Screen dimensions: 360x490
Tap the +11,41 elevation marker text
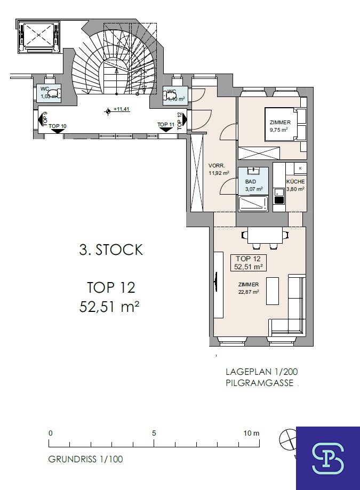point(122,109)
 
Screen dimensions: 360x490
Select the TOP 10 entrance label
point(58,126)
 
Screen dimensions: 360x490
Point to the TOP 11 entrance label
point(166,124)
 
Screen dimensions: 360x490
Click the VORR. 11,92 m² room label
point(219,169)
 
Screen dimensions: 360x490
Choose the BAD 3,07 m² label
point(253,185)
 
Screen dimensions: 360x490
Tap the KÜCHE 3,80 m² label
point(295,185)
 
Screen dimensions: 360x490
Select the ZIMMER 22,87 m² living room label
point(249,288)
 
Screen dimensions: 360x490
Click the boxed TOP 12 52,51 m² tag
point(249,262)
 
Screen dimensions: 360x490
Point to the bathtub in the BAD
point(253,203)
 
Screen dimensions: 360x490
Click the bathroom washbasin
point(253,171)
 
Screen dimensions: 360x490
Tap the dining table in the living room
point(265,235)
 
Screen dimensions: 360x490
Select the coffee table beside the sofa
point(273,291)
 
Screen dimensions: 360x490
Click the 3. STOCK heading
point(111,250)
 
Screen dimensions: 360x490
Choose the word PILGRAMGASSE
point(260,383)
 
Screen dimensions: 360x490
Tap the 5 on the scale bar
point(154,433)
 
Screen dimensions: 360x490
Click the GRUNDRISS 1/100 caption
point(86,459)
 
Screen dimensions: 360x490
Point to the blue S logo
point(328,459)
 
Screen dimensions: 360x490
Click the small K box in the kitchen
point(300,168)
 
